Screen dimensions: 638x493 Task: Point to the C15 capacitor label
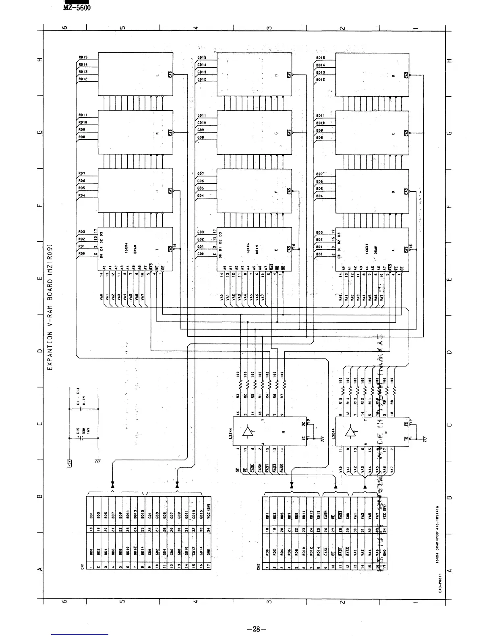78,433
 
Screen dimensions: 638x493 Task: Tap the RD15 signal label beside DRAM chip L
83,57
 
